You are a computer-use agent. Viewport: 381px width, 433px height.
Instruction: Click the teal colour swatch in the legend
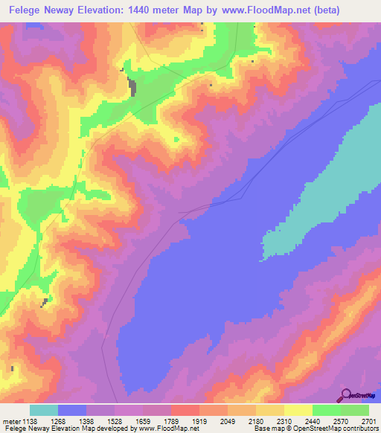pyautogui.click(x=44, y=410)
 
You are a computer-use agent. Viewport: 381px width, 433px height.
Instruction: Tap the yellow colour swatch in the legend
pyautogui.click(x=298, y=410)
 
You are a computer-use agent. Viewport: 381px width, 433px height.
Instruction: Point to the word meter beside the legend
pyautogui.click(x=12, y=421)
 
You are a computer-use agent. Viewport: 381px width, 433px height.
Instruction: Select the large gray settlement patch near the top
pyautogui.click(x=132, y=86)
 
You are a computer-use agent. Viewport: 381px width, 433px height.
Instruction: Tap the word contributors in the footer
pyautogui.click(x=360, y=429)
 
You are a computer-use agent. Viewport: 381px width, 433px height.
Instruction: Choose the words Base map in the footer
pyautogui.click(x=266, y=429)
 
